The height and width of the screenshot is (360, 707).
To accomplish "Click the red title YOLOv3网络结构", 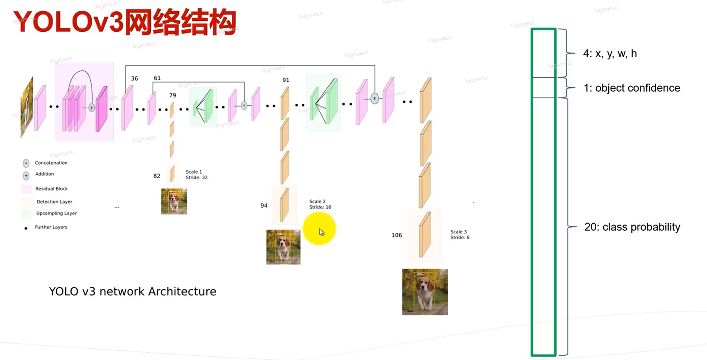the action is (x=124, y=22).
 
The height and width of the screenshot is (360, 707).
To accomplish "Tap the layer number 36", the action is (x=134, y=78).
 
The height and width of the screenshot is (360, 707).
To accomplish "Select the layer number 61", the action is (x=157, y=78).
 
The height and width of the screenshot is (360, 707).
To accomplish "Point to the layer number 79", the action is (x=173, y=95).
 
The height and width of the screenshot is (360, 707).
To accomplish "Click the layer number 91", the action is (x=286, y=80).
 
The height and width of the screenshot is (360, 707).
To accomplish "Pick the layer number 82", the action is (x=157, y=176).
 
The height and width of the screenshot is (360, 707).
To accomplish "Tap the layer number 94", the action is (x=264, y=205).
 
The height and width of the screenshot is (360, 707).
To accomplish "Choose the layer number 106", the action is (x=397, y=235).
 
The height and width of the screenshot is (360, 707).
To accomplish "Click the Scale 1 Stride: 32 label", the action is (x=197, y=174).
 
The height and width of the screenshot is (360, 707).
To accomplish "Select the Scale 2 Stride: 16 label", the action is (x=320, y=204).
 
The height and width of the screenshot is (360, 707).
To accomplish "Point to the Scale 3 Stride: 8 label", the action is (x=460, y=235).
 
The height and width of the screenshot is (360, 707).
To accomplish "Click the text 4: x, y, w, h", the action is (x=610, y=54).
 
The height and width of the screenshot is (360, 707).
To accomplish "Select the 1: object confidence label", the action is (x=632, y=88).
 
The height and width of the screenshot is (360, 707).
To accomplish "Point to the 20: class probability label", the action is (x=632, y=227).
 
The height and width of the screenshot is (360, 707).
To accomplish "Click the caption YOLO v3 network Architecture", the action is (x=132, y=291).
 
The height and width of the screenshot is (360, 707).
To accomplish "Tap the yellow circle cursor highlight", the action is (x=319, y=229).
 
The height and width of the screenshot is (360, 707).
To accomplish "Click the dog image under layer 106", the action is (x=425, y=292).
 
